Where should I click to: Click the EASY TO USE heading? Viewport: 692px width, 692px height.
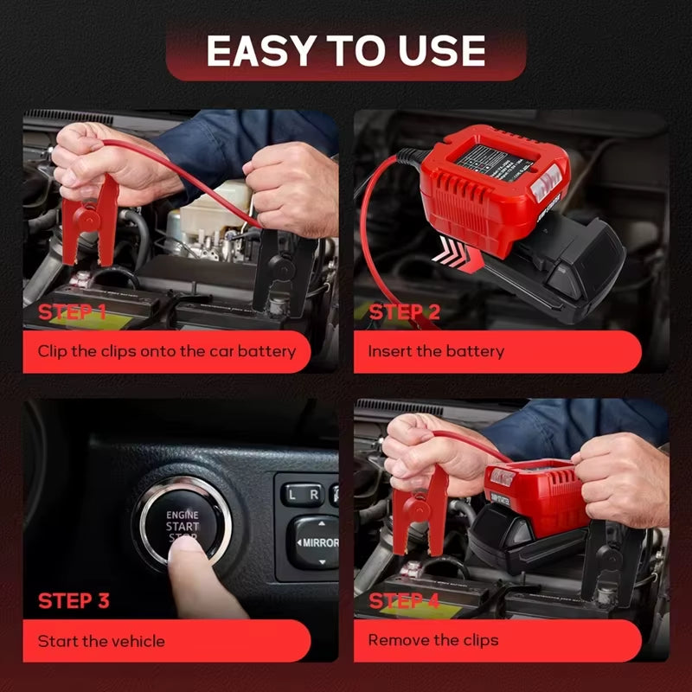point(346,51)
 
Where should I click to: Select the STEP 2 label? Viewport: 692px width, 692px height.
point(405,312)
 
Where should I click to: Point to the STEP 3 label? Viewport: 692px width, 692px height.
point(74,600)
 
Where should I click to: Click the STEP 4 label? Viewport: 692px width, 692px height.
point(405,600)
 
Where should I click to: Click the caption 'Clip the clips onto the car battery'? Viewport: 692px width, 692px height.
point(166,351)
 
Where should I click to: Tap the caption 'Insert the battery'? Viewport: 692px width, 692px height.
point(436,351)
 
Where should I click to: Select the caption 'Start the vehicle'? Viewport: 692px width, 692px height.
point(101,641)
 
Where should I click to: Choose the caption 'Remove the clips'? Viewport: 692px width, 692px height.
point(433,640)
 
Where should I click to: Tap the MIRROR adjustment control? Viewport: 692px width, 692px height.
point(313,542)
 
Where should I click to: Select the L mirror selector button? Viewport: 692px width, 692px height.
point(292,495)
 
